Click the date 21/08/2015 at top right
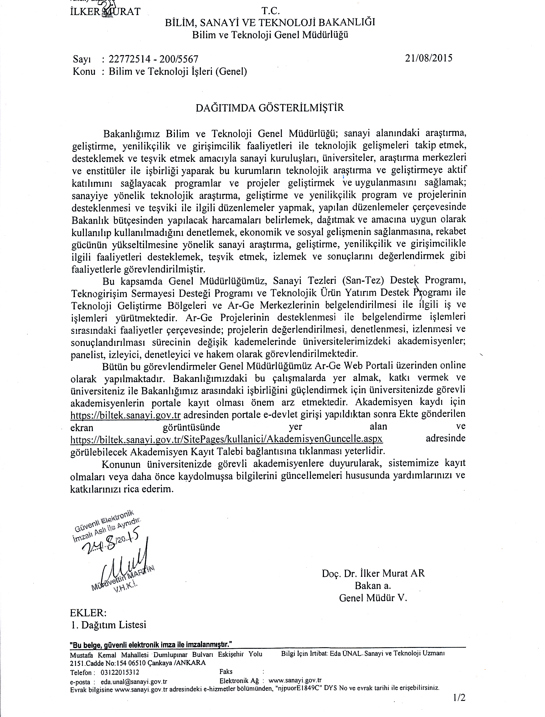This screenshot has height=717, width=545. tap(429, 58)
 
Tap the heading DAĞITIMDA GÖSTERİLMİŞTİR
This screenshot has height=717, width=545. tap(270, 108)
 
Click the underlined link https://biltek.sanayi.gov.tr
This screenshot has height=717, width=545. tap(125, 415)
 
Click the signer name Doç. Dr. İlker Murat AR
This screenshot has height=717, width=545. tap(373, 573)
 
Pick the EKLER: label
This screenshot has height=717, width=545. tap(88, 613)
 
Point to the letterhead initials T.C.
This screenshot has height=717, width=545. tap(270, 12)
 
